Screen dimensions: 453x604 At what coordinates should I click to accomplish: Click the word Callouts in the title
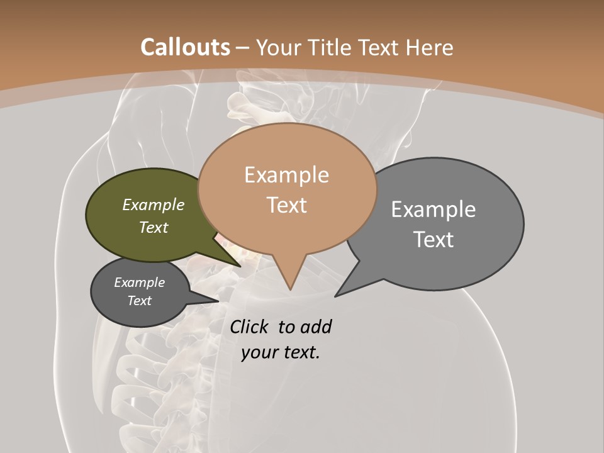[185, 47]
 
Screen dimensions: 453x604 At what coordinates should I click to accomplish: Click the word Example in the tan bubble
[286, 175]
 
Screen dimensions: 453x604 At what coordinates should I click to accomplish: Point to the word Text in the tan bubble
[286, 205]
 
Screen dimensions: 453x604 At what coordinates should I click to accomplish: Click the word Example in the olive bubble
[154, 205]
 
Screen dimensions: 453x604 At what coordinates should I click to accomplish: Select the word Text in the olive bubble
[154, 227]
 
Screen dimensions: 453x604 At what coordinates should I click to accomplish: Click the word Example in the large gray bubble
[433, 210]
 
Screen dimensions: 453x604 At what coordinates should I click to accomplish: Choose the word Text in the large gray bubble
[433, 240]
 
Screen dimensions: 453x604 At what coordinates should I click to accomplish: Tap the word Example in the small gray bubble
[139, 282]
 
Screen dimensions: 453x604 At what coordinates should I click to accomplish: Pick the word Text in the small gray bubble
[139, 301]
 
